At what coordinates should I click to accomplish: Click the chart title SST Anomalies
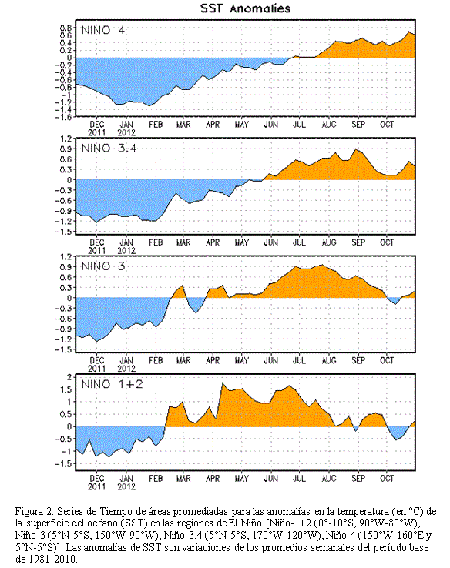[x=245, y=8]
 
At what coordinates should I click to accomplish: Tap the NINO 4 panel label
[x=103, y=30]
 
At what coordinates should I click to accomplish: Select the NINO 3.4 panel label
[x=109, y=149]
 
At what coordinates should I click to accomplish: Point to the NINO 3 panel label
[x=103, y=266]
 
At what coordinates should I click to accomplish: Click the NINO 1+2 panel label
[x=112, y=384]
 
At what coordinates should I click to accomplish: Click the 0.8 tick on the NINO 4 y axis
[x=65, y=28]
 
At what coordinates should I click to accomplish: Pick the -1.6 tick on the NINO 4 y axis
[x=63, y=117]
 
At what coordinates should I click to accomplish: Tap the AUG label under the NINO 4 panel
[x=329, y=125]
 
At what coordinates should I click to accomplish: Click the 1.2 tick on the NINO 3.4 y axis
[x=65, y=138]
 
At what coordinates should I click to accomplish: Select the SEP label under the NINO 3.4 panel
[x=358, y=242]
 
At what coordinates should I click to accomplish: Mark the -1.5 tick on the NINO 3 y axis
[x=63, y=349]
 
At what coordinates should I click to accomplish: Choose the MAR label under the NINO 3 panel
[x=183, y=361]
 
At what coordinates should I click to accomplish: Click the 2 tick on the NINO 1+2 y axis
[x=69, y=377]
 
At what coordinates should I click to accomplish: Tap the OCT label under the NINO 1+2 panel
[x=387, y=479]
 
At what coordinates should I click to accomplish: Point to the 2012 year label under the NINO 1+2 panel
[x=126, y=487]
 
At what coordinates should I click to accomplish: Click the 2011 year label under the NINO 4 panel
[x=96, y=132]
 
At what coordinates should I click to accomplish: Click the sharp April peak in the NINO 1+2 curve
[x=222, y=383]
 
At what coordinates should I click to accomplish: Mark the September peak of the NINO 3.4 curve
[x=357, y=149]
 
